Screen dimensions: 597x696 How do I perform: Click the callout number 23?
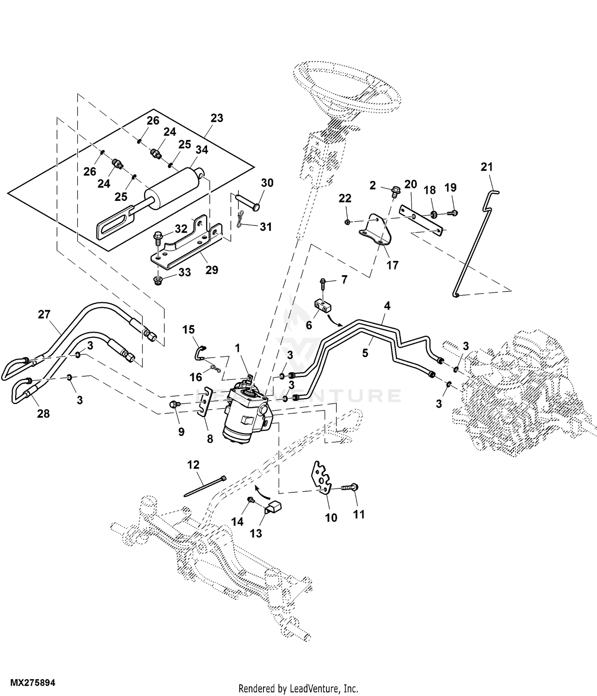point(217,118)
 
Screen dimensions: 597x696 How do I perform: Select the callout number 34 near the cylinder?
point(202,150)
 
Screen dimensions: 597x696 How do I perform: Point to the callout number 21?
point(486,167)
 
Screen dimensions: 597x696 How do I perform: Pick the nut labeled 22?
point(347,222)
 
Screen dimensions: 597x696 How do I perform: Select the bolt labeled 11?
point(349,488)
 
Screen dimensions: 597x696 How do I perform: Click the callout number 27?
point(44,315)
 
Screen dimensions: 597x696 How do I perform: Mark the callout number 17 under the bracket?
point(392,265)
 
